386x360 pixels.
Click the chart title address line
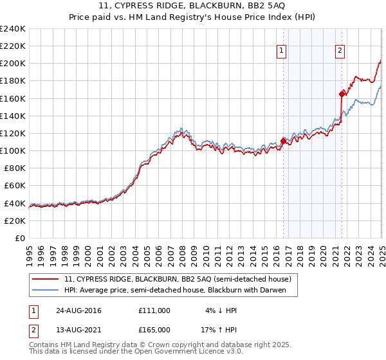point(192,6)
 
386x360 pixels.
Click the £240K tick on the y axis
point(13,29)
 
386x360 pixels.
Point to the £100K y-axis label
point(13,150)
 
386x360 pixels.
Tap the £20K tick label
point(15,220)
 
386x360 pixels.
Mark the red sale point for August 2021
point(342,94)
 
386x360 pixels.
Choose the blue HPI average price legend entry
point(170,290)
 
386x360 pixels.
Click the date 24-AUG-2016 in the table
point(78,310)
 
